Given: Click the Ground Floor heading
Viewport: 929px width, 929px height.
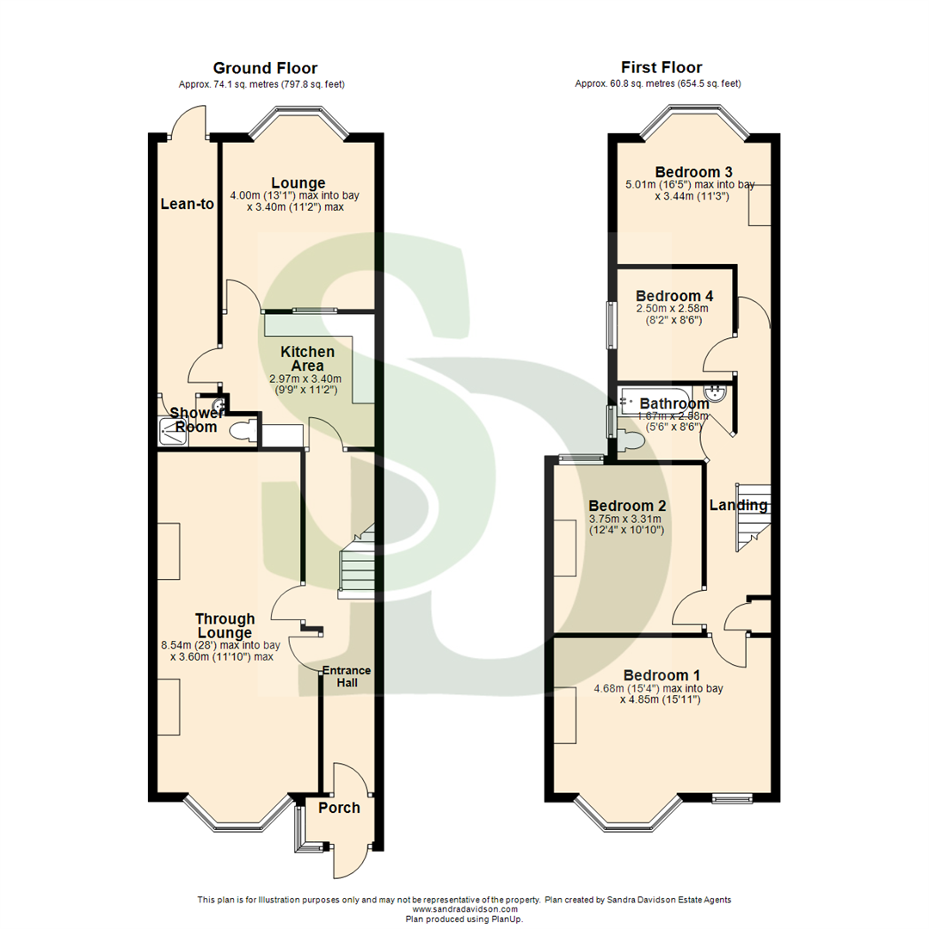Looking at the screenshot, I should tap(265, 68).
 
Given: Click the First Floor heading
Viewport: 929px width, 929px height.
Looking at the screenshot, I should tap(661, 67).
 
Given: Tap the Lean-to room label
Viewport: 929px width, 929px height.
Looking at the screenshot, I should tap(187, 204).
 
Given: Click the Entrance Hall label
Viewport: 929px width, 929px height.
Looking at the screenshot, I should tap(347, 676).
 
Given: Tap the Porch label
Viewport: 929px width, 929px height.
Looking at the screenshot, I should tap(339, 808).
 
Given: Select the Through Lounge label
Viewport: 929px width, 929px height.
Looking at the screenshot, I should tap(225, 625).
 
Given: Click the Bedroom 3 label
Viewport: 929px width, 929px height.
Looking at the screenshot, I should tap(687, 170).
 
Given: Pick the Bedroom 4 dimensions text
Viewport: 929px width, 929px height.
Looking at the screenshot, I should tap(674, 314).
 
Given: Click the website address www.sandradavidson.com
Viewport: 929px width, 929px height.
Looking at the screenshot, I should tap(465, 909).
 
